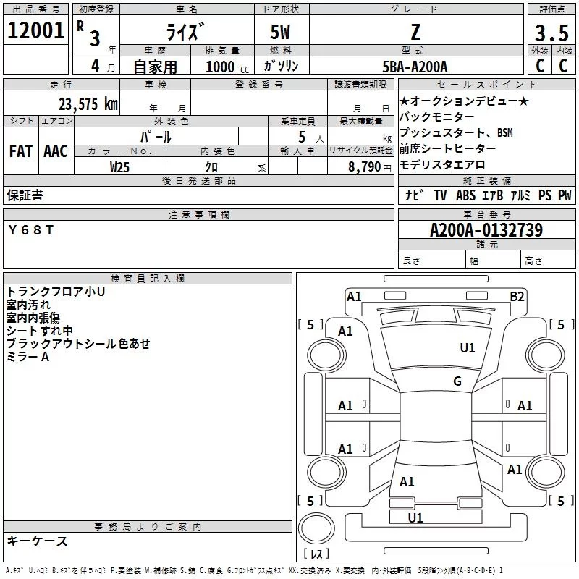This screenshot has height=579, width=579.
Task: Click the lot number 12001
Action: point(35,32)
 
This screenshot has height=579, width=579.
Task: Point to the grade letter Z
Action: point(415,32)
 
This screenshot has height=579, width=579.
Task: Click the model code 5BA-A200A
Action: point(415,67)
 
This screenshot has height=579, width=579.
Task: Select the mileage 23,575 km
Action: point(88,103)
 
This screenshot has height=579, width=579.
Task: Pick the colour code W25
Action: point(119,166)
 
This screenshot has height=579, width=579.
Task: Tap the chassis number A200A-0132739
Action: point(486,230)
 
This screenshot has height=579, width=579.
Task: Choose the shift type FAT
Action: point(20,151)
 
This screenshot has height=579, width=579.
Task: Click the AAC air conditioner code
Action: point(56,151)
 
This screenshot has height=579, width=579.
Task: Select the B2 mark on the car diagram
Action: point(517,296)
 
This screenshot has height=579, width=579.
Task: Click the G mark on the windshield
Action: point(457,381)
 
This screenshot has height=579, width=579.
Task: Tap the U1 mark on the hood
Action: point(468,348)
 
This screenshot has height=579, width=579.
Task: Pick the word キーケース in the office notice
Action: point(37,541)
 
